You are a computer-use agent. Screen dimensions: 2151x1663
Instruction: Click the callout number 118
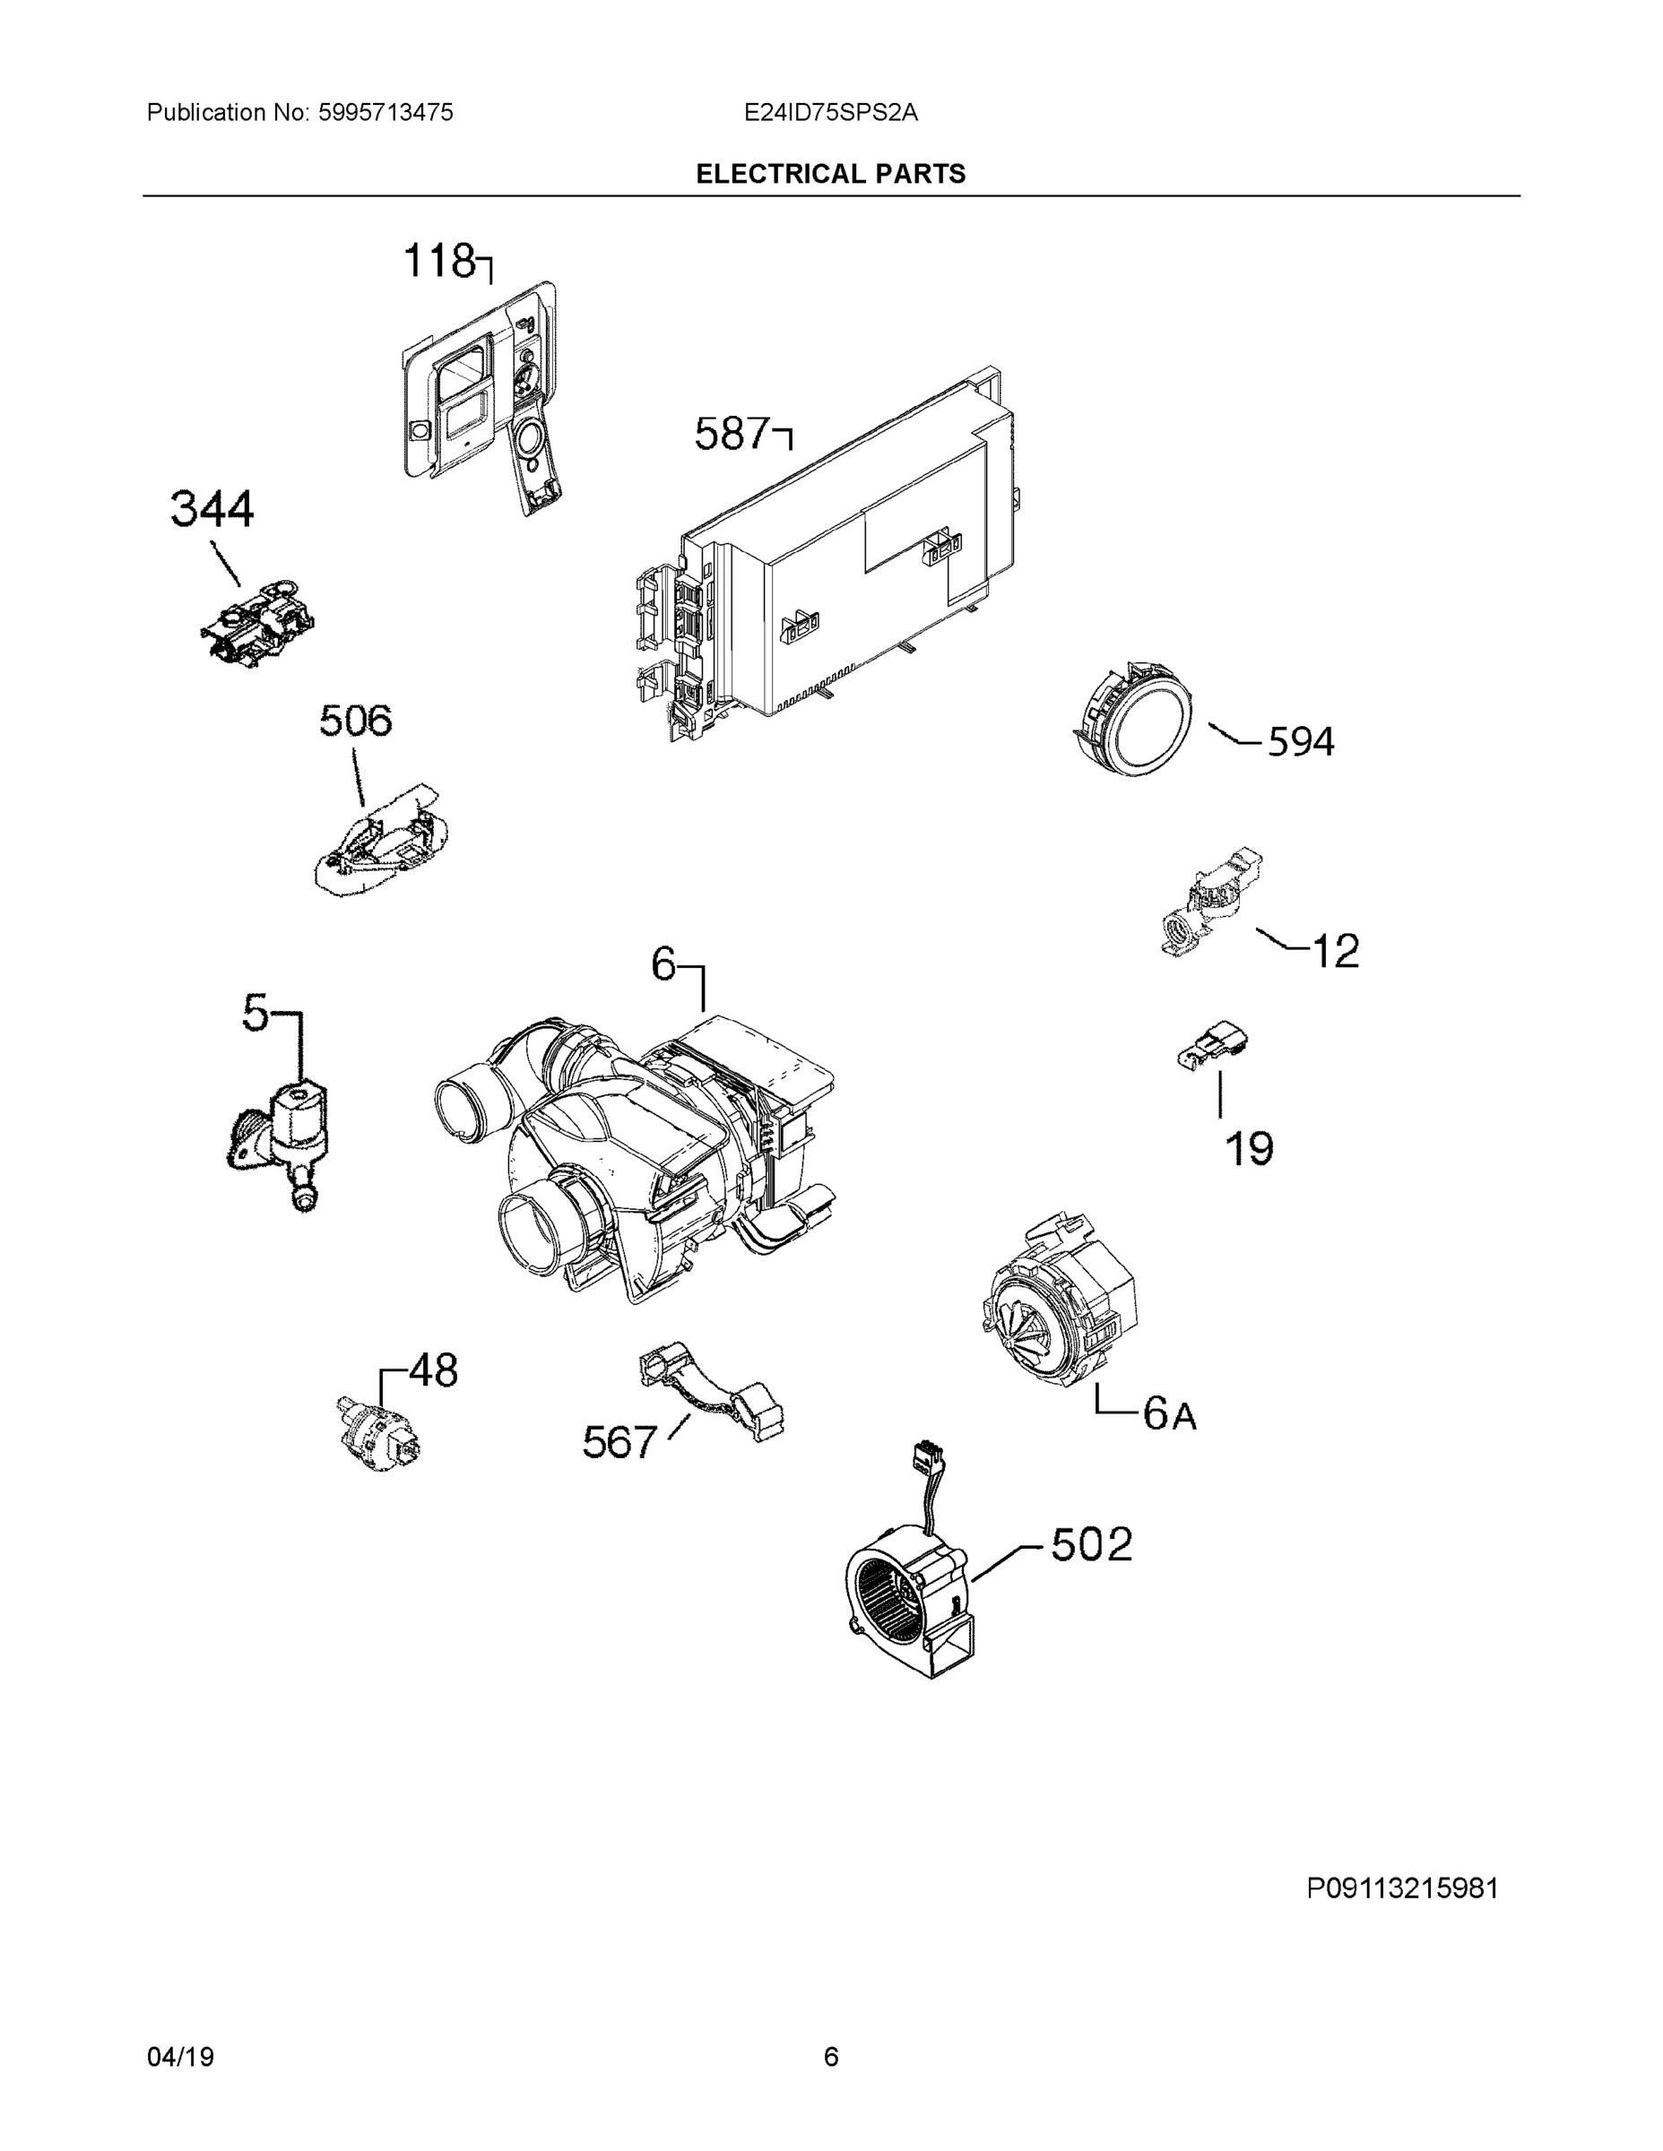(x=439, y=262)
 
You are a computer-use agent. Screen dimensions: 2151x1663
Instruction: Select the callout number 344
(x=212, y=510)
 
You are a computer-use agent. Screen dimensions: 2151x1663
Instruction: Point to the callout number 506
(x=355, y=721)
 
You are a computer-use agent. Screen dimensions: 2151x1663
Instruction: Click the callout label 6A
(x=1169, y=1414)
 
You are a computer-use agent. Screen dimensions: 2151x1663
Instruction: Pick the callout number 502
(x=1092, y=1544)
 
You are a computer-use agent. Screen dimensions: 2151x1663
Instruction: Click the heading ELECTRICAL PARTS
(x=830, y=175)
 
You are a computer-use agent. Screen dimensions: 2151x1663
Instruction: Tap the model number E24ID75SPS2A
(x=830, y=112)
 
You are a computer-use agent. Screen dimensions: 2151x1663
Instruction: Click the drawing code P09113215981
(x=1402, y=1889)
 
